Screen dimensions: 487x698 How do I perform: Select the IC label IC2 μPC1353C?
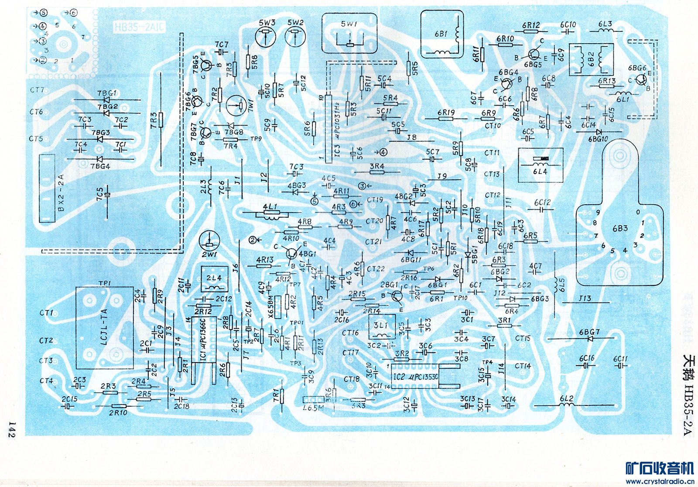coord(415,376)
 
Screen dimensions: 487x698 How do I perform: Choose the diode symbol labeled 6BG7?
coord(590,338)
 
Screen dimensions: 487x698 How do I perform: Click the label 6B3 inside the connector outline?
coord(619,228)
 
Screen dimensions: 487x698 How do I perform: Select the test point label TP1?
coord(105,283)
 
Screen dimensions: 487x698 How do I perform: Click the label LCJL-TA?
coord(104,327)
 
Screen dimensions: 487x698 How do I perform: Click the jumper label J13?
coord(585,298)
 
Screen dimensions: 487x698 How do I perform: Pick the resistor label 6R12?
coord(530,25)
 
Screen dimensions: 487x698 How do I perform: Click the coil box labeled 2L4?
coord(214,280)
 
